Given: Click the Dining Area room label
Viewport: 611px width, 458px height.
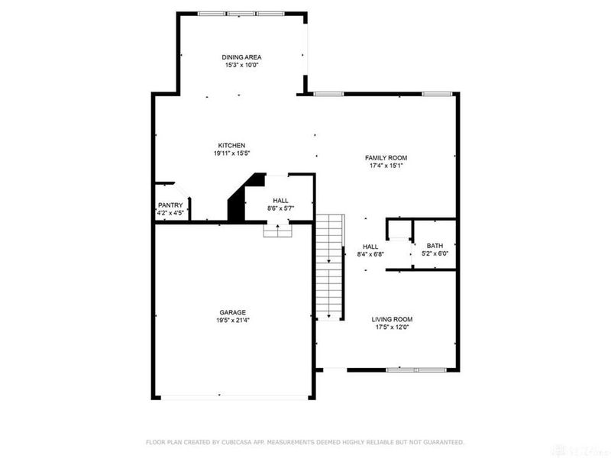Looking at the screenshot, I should click(241, 57).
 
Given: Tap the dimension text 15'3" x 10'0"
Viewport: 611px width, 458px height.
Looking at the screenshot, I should click(241, 66).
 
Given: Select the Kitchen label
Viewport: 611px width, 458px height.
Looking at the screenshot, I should click(231, 145).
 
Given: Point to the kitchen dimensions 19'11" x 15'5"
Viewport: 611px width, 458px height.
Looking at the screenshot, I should click(231, 153).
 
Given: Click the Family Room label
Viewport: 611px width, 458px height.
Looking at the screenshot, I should click(385, 156).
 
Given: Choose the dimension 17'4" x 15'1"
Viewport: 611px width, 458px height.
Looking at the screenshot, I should click(385, 165).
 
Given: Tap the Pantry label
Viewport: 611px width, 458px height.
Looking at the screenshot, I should click(170, 205).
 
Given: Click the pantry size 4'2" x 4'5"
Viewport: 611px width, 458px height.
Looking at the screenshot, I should click(170, 214).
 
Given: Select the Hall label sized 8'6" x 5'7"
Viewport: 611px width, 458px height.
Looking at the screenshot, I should click(280, 200).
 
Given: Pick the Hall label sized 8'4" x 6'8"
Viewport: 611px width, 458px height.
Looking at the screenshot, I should click(370, 247).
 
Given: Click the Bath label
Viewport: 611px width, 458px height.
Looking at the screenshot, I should click(435, 246).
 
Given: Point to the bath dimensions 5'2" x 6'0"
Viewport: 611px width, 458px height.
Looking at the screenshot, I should click(435, 254).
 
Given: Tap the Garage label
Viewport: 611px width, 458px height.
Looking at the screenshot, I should click(233, 312).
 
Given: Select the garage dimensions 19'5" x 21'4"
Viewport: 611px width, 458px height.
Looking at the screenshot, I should click(233, 321).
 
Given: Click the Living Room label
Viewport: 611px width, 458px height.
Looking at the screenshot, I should click(392, 319).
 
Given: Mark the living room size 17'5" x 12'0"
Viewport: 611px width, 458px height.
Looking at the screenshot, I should click(392, 327).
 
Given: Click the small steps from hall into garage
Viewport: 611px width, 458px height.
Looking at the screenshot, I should click(277, 230).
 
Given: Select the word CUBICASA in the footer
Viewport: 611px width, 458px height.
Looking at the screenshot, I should click(257, 442).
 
